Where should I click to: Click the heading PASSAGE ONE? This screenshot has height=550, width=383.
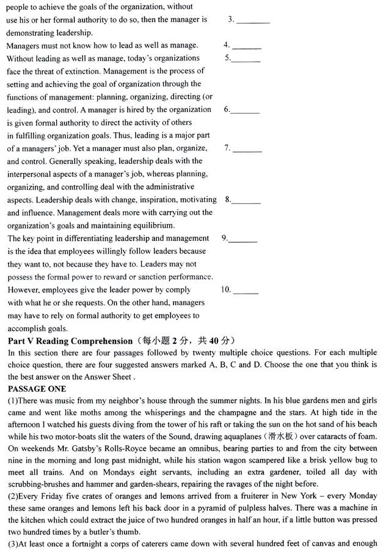[x=37, y=388]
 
